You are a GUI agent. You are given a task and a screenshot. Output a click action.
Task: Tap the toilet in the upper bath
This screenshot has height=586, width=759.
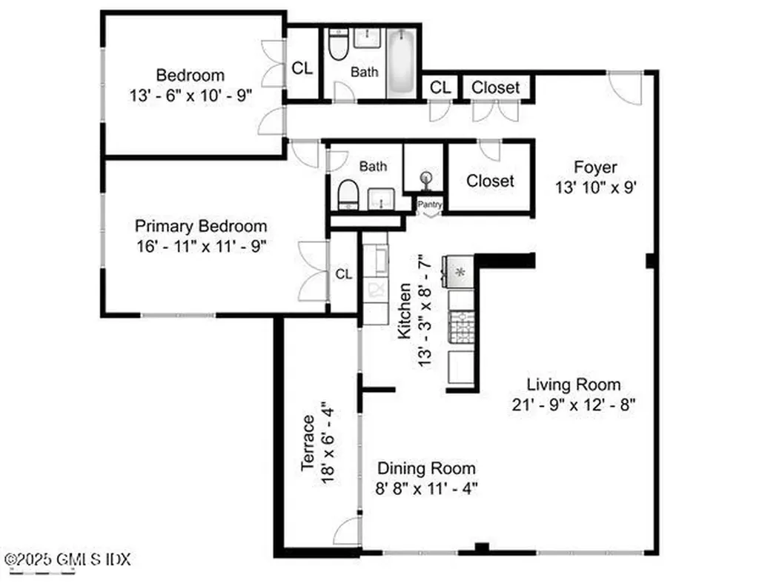(338, 45)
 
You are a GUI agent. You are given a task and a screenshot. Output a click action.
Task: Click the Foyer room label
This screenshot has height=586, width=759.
(595, 167)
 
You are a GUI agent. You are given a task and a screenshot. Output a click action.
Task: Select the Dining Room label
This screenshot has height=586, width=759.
(426, 468)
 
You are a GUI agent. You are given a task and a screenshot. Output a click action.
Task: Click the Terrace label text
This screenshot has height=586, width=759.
(309, 444)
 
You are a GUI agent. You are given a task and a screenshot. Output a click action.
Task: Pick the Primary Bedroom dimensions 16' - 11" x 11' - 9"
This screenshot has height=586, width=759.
(200, 246)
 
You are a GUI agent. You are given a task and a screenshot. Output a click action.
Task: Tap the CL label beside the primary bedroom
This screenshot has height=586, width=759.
(343, 274)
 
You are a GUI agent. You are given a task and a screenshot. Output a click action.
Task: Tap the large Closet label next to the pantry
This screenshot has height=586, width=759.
(490, 181)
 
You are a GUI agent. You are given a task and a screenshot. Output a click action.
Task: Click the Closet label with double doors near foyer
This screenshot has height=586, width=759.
(495, 87)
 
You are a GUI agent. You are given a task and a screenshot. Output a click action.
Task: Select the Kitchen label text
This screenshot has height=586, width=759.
(404, 311)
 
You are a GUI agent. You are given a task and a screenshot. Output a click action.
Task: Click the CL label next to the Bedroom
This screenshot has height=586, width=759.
(302, 68)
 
